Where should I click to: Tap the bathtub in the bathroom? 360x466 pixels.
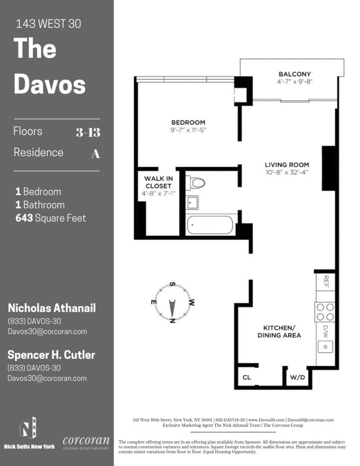tap(210, 225)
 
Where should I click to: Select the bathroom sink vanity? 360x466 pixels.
tap(192, 202)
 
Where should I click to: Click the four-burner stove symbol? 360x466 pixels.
tap(325, 312)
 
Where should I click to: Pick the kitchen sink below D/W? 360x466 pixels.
tap(325, 346)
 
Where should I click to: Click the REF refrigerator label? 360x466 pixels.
tap(326, 281)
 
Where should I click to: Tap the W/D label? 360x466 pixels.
tap(298, 377)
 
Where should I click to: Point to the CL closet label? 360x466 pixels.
tap(246, 377)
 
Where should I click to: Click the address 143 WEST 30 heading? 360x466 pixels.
tap(48, 24)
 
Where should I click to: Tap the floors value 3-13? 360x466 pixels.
tap(88, 132)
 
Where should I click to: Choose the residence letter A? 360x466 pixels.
tap(95, 154)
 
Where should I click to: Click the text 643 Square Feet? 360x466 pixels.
tap(50, 218)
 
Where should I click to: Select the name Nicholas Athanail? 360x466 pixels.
tap(52, 308)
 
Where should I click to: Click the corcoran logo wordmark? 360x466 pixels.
tap(86, 440)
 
